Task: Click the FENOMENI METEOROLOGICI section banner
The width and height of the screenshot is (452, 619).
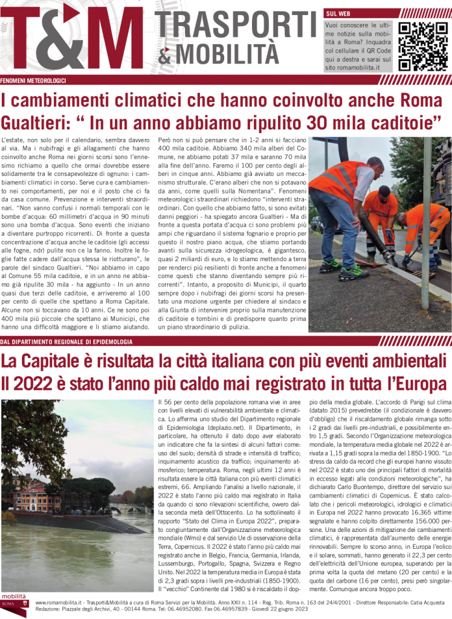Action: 33,80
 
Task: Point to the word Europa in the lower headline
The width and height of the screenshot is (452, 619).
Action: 413,384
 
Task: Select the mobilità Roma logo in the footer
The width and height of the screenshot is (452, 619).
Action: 14,604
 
